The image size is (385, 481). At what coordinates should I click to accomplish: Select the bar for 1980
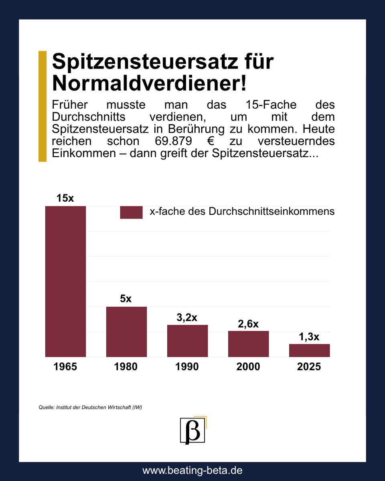126,331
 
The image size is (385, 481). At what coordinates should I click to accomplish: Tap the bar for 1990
187,341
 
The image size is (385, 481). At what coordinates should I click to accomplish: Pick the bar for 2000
248,344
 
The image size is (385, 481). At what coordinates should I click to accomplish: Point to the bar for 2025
309,350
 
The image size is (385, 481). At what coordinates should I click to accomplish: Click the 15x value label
65,198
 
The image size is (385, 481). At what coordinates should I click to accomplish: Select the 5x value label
126,299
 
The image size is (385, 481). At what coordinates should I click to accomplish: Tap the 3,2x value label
187,317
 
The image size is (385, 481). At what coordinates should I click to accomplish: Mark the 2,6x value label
248,324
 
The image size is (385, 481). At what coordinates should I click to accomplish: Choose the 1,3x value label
309,337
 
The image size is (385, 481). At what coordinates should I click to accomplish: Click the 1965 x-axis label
65,366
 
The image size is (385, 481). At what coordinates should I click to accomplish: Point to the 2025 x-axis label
309,366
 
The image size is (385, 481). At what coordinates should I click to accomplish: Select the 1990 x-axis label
187,366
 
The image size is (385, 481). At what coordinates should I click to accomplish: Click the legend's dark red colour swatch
131,212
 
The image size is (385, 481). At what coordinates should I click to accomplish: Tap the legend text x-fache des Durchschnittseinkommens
242,212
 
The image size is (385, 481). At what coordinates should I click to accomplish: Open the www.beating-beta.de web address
192,470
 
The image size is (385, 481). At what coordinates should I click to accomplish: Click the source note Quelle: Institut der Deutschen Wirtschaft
90,407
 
